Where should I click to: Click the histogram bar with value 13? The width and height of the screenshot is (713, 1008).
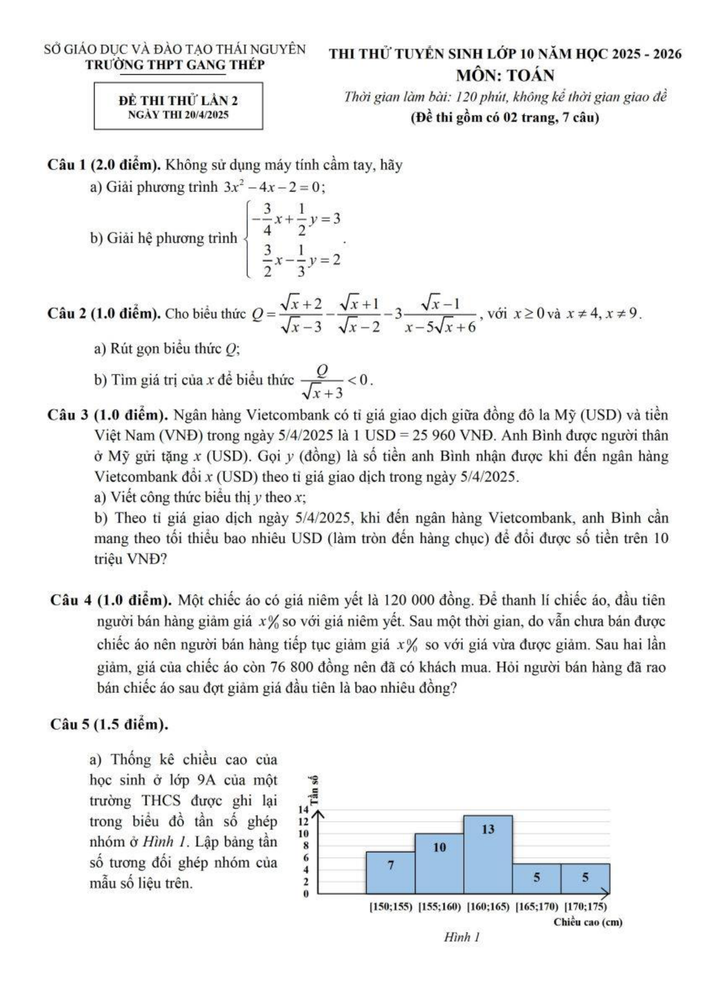(x=488, y=853)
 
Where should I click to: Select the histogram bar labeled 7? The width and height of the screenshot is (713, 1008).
(x=390, y=872)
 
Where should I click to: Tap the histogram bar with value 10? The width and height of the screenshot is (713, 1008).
(x=439, y=862)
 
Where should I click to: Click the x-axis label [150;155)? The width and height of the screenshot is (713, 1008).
(x=390, y=907)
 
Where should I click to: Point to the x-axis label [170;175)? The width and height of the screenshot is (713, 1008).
(x=585, y=907)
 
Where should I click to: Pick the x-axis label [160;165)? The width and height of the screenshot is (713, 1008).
(x=488, y=907)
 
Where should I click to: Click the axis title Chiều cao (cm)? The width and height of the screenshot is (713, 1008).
(x=587, y=922)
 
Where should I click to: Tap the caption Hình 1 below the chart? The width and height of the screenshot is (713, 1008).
(x=462, y=937)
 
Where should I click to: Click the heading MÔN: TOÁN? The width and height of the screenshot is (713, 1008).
(x=505, y=75)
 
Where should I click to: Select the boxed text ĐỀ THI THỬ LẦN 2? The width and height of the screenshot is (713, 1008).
(x=178, y=101)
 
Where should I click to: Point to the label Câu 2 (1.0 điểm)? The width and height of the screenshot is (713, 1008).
(x=103, y=314)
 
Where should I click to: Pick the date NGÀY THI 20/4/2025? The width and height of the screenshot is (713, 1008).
(x=178, y=115)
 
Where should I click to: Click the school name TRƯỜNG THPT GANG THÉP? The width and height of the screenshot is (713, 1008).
(x=175, y=65)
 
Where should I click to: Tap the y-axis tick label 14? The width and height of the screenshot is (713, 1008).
(x=304, y=809)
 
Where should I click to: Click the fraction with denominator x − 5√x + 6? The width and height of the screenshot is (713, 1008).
(x=439, y=315)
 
